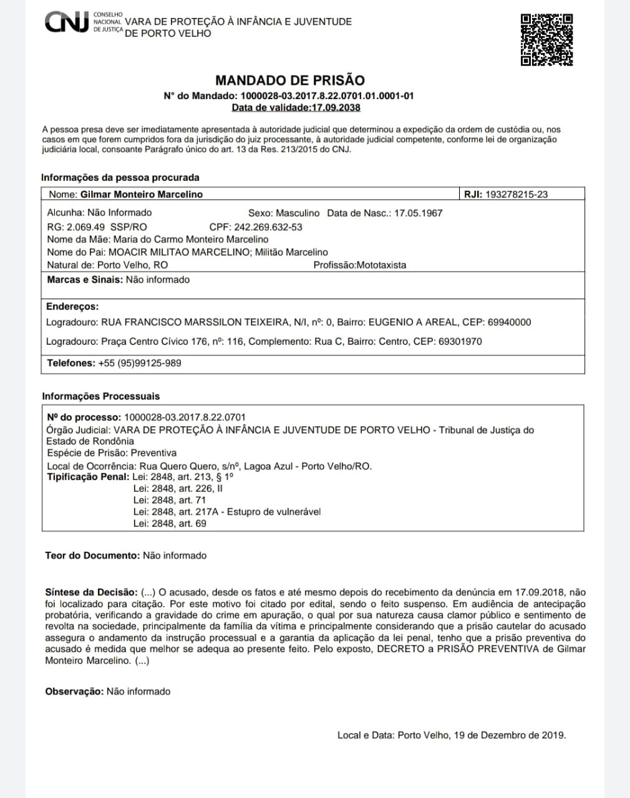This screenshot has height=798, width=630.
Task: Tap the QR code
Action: click(546, 39)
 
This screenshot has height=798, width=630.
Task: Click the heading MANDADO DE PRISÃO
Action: click(289, 80)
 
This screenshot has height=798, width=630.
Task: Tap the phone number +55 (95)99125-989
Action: click(140, 363)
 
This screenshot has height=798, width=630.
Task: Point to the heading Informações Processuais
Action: click(101, 397)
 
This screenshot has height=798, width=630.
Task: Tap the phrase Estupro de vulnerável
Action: click(274, 512)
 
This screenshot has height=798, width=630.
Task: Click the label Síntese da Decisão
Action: click(91, 592)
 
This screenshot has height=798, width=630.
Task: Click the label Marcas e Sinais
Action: click(85, 280)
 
